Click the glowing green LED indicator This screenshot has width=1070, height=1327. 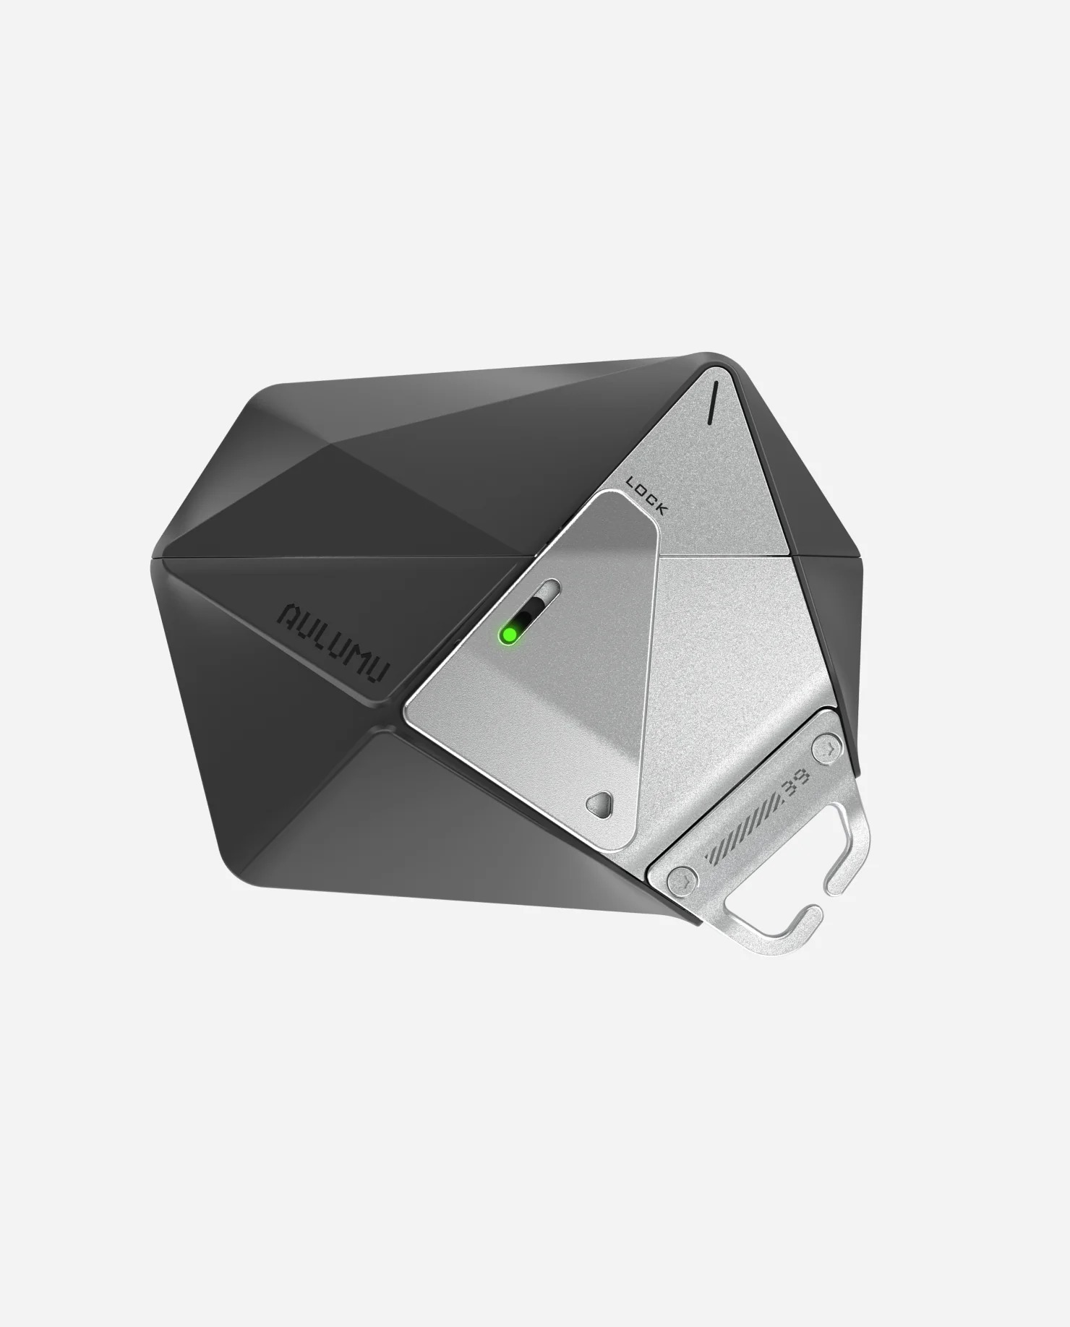(x=509, y=634)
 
